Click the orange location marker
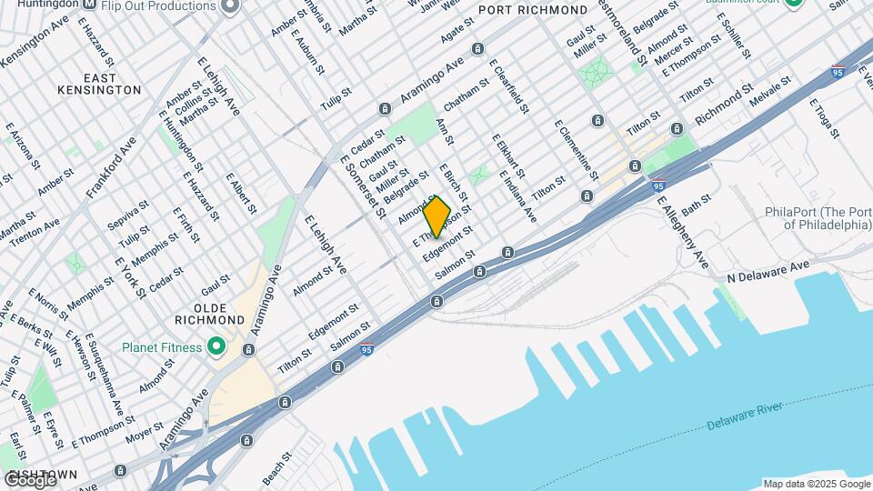[x=437, y=216]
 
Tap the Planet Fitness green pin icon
[x=216, y=346]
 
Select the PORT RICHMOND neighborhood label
[x=532, y=10]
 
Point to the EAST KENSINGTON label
[x=86, y=83]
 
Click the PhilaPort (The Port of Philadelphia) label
[x=816, y=218]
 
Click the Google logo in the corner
[x=30, y=479]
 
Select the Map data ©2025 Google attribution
[x=817, y=484]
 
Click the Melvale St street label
[x=767, y=95]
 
